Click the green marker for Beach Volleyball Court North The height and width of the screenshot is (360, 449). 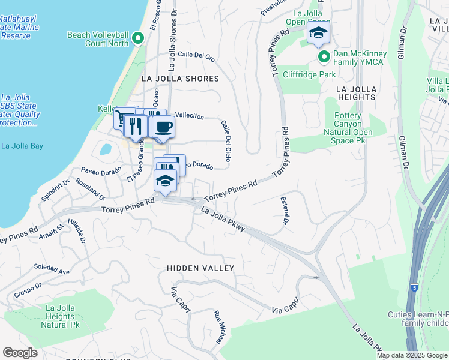click(x=138, y=39)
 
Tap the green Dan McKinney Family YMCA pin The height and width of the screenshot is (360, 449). click(x=324, y=58)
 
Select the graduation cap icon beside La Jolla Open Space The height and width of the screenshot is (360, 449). click(x=318, y=34)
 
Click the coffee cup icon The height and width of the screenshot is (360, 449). click(x=163, y=127)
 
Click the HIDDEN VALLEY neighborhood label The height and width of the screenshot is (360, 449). click(x=200, y=268)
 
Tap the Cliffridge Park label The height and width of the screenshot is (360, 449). click(x=309, y=74)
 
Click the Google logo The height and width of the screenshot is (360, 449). click(x=20, y=353)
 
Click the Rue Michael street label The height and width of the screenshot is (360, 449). click(x=219, y=327)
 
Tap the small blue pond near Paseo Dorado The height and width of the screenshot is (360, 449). click(x=106, y=149)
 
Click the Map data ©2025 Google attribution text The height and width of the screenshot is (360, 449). click(x=412, y=355)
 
